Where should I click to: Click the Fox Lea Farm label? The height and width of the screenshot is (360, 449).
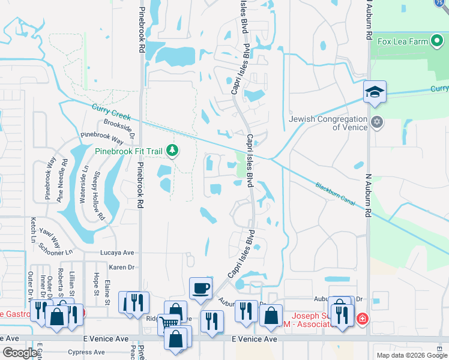pyautogui.click(x=403, y=42)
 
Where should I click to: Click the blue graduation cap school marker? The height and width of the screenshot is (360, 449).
pyautogui.click(x=375, y=92)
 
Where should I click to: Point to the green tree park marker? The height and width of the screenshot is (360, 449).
pyautogui.click(x=173, y=150)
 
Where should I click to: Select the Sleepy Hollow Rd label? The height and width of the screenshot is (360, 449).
pyautogui.click(x=98, y=196)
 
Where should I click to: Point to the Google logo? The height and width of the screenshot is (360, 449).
pyautogui.click(x=20, y=353)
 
